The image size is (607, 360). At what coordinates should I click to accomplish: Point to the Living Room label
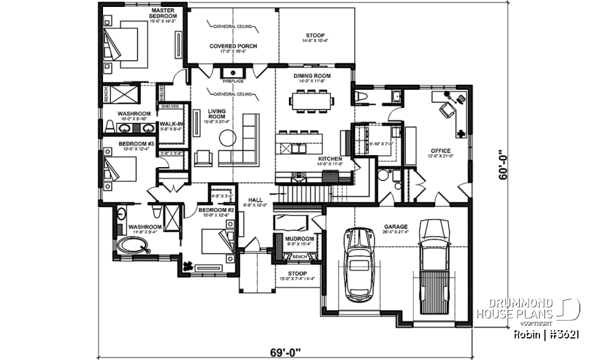[217, 113]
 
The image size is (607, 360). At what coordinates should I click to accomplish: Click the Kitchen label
[330, 159]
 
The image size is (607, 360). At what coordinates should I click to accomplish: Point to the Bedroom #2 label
[217, 210]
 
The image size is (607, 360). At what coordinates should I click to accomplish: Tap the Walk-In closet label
[171, 124]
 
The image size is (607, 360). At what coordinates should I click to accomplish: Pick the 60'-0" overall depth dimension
[503, 164]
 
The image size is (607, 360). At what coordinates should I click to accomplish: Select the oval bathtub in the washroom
[133, 245]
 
